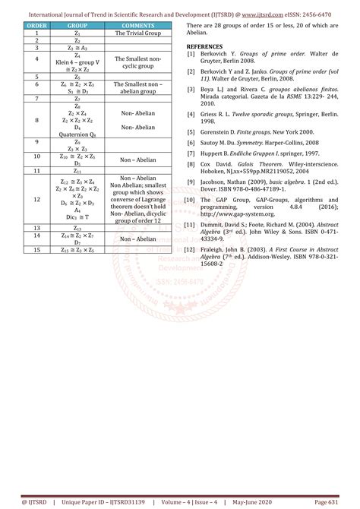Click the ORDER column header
pos(37,26)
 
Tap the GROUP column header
pos(77,26)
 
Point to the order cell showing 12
pos(37,199)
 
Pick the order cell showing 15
pos(37,249)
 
